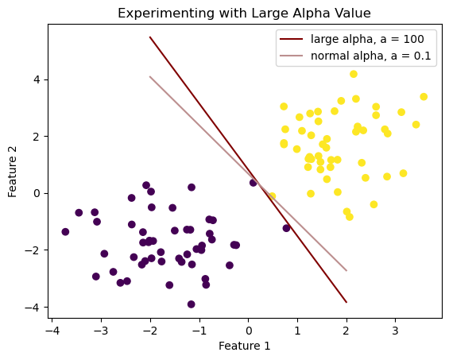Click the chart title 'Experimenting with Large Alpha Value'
coord(244,14)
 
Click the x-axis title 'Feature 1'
coord(244,346)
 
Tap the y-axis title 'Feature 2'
coord(12,172)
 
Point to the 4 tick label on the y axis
coord(37,79)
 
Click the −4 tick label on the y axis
coord(33,308)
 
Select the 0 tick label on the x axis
coord(249,331)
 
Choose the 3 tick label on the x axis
coord(395,331)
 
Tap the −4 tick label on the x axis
coord(52,331)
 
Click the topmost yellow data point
coord(354,74)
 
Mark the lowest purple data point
coord(192,304)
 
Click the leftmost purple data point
coord(65,232)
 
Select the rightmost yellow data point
coord(424,97)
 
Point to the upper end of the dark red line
coord(149,37)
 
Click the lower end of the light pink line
coord(346,271)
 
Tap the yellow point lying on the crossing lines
coord(272,196)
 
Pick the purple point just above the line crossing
coord(254,183)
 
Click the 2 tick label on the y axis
coord(37,137)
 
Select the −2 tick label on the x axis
coord(150,331)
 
